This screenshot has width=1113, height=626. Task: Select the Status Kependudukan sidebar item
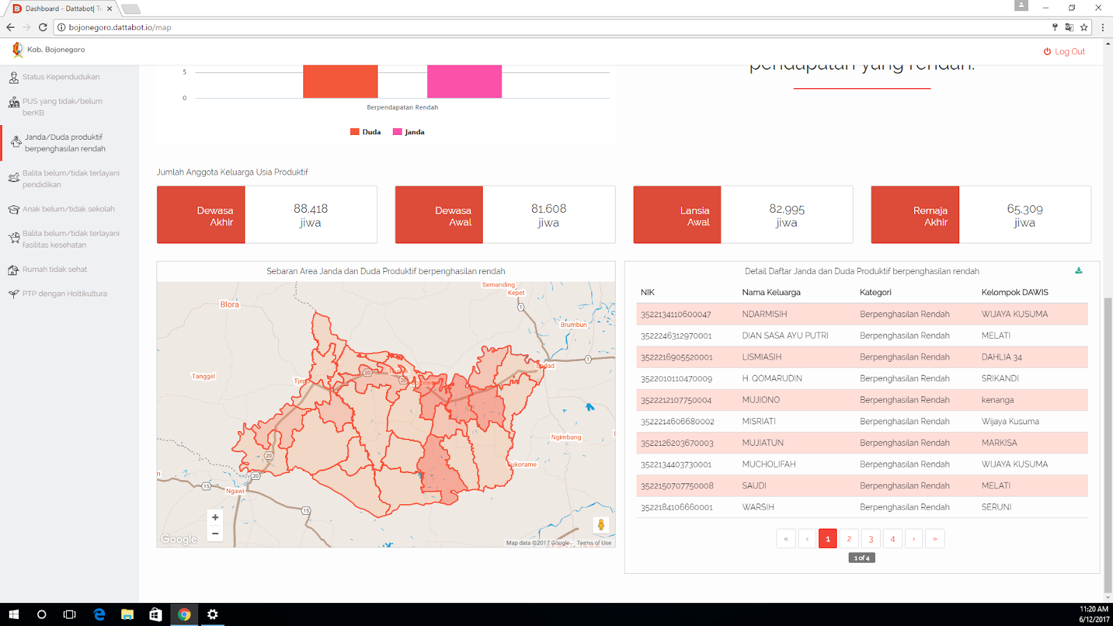coord(61,77)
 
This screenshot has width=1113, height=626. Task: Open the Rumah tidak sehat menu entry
coord(54,270)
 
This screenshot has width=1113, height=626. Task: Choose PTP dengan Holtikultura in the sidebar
coord(64,294)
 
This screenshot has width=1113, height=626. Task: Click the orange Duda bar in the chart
coord(340,81)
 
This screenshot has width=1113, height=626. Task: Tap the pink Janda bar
coord(464,81)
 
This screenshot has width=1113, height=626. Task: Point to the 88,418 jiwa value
coord(310,215)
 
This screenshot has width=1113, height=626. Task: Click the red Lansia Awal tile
coord(677,215)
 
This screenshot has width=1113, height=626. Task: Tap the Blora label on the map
coord(230,305)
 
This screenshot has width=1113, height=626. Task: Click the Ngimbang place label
coord(566,438)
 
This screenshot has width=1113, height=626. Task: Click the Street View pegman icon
coord(601,525)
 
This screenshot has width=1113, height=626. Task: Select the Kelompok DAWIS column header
coord(1014,293)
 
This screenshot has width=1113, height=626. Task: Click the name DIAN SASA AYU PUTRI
coord(785,336)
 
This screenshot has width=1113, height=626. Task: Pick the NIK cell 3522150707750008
coord(677,486)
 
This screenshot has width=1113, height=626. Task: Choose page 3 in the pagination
coord(871,539)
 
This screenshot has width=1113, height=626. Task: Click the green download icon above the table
coord(1078,271)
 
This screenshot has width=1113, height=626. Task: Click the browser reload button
coord(42,28)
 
